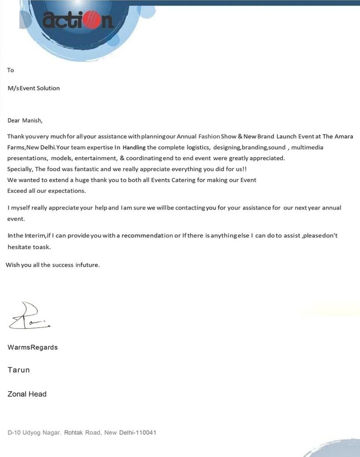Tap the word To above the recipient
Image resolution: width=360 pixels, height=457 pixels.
click(11, 70)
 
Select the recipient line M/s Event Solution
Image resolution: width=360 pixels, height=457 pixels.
click(33, 88)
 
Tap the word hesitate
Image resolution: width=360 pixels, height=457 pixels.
click(21, 246)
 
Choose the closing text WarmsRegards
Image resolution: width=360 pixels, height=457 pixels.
click(33, 347)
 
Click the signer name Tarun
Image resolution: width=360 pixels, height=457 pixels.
click(19, 370)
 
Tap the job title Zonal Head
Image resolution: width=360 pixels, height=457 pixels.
click(27, 394)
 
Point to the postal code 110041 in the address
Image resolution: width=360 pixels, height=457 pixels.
click(145, 432)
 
